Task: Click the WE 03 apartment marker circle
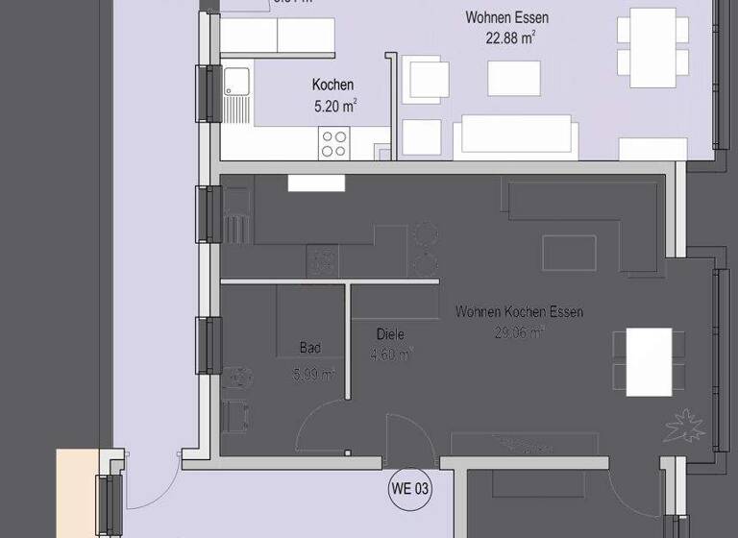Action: tap(409, 488)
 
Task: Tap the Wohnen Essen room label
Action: tap(506, 18)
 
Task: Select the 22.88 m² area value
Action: tap(510, 38)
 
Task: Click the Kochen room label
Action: tap(332, 86)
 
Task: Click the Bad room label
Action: tap(310, 349)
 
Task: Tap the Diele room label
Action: tap(390, 334)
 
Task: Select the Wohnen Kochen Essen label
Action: tap(519, 312)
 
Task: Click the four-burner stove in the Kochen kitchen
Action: tap(333, 143)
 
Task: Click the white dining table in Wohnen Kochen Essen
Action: tap(649, 361)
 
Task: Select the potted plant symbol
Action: tap(685, 425)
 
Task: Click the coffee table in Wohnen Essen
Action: tap(513, 78)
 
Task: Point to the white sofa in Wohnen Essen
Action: tap(517, 134)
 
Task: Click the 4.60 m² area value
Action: tap(391, 355)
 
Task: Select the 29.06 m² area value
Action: tap(519, 332)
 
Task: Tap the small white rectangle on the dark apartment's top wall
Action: tap(315, 183)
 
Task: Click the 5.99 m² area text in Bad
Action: tap(313, 374)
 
